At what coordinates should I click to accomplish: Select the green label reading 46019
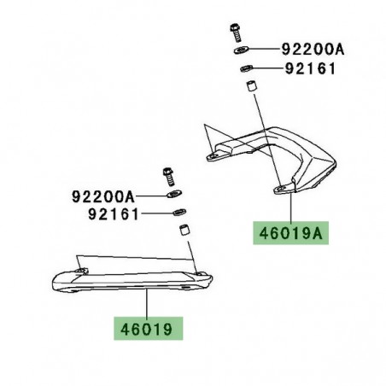(x=149, y=326)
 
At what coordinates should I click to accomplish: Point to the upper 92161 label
(x=311, y=69)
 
